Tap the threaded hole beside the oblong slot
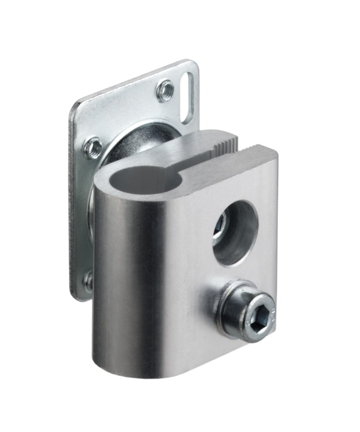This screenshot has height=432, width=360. click(x=165, y=91)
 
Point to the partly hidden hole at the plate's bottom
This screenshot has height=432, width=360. click(x=88, y=280)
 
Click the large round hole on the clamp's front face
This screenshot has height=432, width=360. click(x=236, y=233)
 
